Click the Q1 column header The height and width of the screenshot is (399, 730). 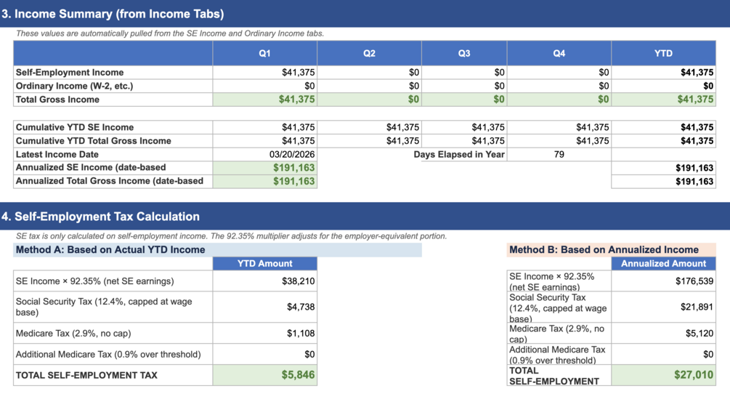pos(264,53)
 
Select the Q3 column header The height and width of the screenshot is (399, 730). pos(463,53)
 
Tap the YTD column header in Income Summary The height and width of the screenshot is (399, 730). pos(662,53)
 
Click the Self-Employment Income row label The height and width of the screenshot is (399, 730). pos(70,73)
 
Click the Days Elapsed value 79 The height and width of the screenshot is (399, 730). pos(559,154)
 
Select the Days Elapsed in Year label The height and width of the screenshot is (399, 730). pos(459,154)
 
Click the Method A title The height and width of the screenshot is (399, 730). pos(110,249)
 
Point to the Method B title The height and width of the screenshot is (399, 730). pos(604,249)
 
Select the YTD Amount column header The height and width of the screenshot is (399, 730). pos(264,264)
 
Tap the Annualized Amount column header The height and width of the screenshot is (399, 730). pos(662,264)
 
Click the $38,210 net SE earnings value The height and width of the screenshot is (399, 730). pos(298,281)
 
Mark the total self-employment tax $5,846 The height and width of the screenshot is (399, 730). pos(298,375)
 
